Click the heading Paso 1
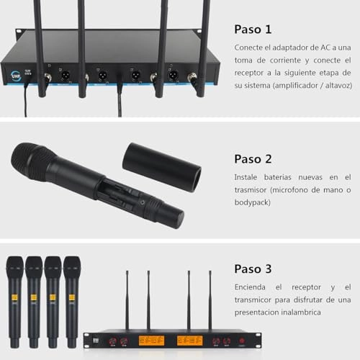coord(253,30)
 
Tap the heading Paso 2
coord(253,158)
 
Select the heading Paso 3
coord(253,269)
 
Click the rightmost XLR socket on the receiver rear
coord(173,75)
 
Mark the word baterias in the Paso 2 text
coord(288,176)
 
